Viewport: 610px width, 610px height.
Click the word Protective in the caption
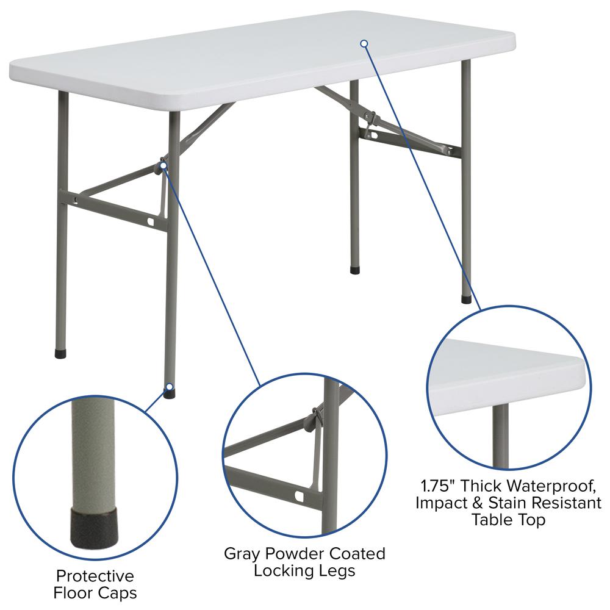tap(95, 576)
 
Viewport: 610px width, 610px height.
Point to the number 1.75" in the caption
tap(437, 486)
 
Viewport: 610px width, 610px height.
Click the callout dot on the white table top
tap(364, 43)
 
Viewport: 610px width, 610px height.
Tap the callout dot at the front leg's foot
tap(169, 387)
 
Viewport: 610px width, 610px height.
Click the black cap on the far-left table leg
tap(60, 353)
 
